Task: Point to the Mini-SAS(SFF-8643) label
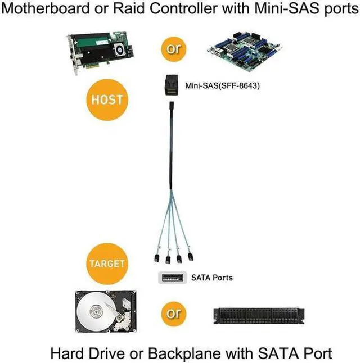(x=223, y=85)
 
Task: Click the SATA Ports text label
(x=211, y=278)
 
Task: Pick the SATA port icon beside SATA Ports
(x=172, y=278)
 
